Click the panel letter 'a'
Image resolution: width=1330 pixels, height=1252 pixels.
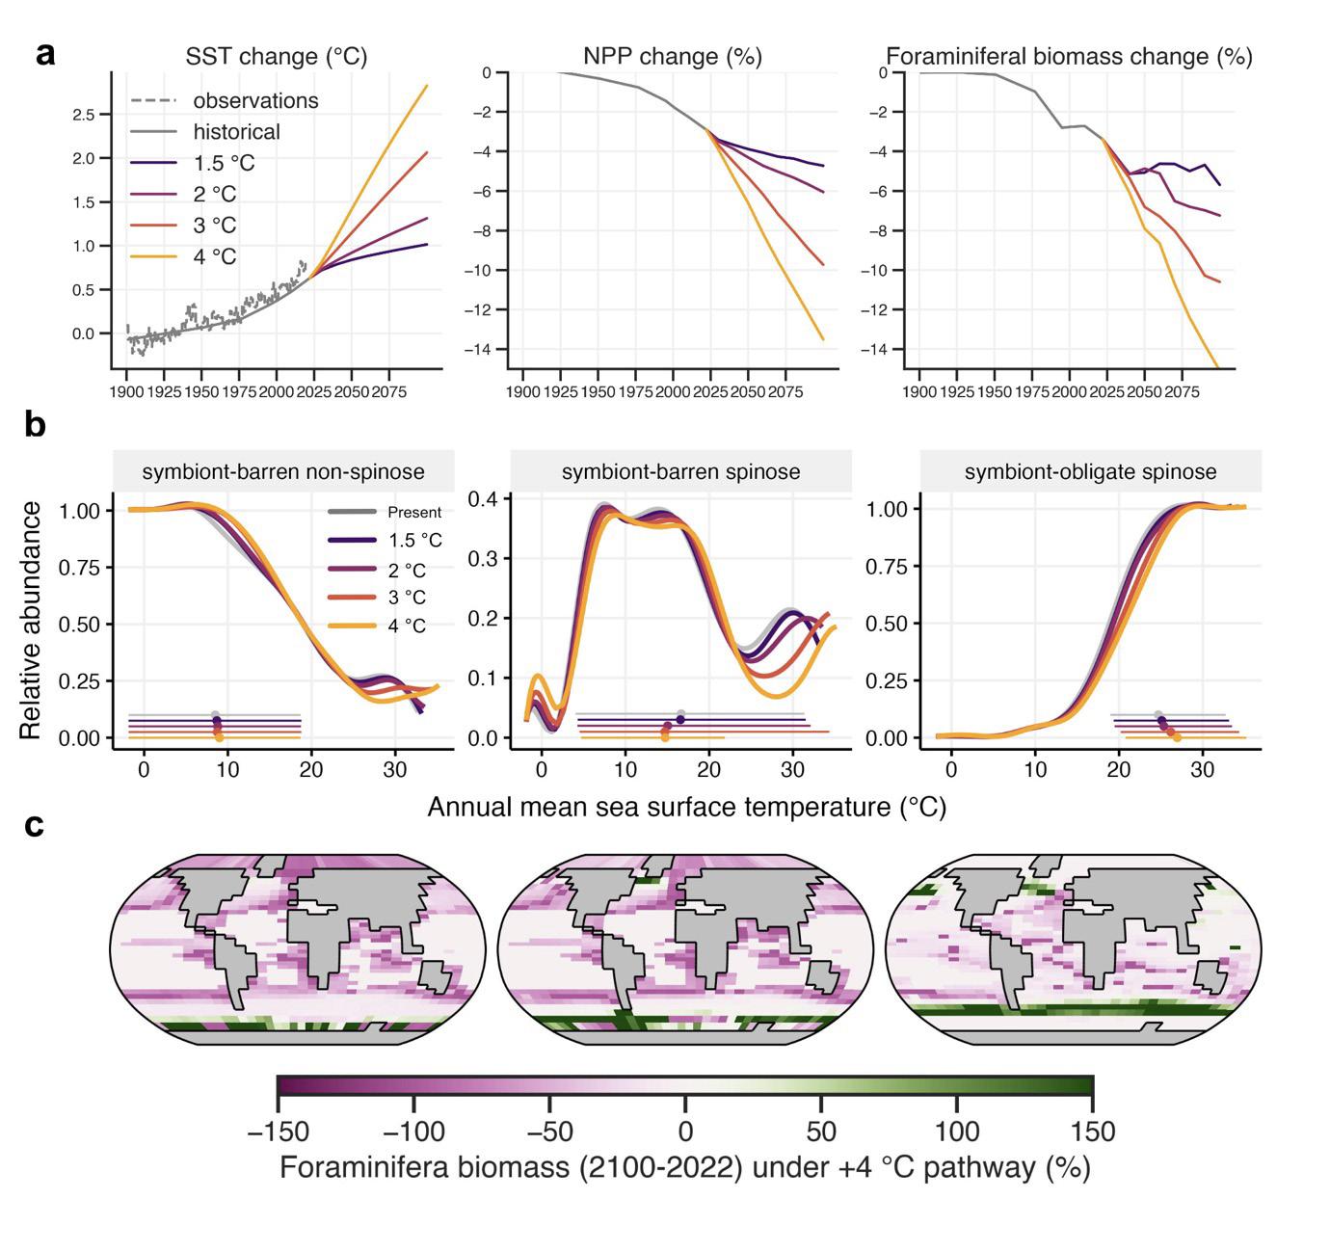tap(45, 54)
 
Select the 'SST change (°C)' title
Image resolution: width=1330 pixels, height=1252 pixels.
tap(277, 57)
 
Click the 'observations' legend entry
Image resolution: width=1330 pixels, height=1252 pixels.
tap(255, 100)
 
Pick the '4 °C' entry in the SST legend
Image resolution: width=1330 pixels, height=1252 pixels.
tap(214, 256)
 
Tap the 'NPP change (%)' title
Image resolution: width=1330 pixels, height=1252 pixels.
tap(673, 57)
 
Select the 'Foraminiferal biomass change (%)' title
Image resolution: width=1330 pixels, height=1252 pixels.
tap(1069, 57)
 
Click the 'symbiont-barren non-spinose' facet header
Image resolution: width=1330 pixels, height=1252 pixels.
tap(283, 471)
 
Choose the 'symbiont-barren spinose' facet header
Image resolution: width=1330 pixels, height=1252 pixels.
tap(680, 471)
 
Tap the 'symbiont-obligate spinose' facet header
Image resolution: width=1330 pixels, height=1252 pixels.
tap(1090, 471)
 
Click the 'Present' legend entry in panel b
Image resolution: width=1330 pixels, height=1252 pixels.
tap(414, 513)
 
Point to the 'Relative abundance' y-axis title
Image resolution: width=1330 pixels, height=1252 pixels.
tap(31, 620)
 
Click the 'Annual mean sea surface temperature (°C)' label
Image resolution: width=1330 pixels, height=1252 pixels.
tap(686, 807)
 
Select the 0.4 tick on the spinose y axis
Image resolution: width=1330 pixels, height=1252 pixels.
tap(483, 499)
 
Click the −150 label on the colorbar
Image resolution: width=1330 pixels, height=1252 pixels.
tap(278, 1131)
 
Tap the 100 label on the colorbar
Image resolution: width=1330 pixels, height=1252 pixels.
tap(956, 1131)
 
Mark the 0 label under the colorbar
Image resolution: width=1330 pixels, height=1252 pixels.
tap(685, 1131)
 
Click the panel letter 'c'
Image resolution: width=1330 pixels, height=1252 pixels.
tap(35, 825)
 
